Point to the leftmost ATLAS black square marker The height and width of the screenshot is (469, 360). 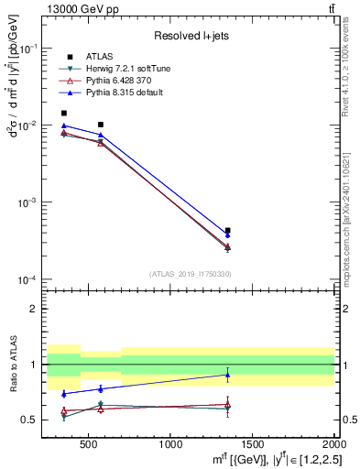(63, 114)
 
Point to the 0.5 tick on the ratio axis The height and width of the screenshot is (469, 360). (34, 420)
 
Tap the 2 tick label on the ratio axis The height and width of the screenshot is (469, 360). (38, 309)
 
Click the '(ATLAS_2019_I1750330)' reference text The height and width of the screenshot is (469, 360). (191, 274)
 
